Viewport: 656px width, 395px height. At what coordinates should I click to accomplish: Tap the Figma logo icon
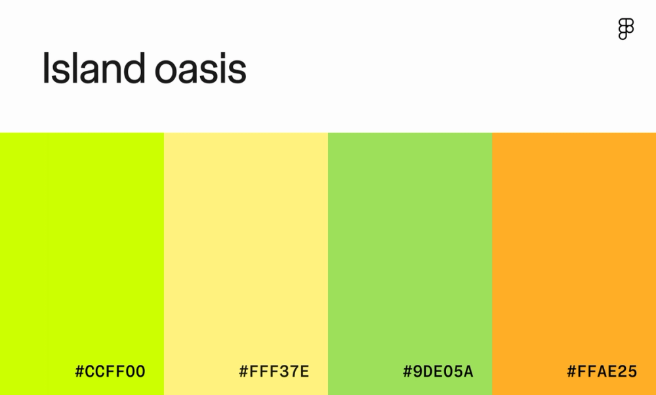click(626, 30)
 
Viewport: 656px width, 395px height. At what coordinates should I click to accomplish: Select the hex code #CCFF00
click(110, 372)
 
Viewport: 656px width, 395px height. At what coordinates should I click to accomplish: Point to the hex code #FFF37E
click(274, 372)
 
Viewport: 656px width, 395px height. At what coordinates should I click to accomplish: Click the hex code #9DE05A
click(438, 372)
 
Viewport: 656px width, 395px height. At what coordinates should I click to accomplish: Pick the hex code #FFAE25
click(602, 372)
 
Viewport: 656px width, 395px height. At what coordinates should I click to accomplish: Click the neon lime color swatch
click(82, 249)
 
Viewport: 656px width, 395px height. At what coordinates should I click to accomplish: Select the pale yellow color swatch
click(246, 249)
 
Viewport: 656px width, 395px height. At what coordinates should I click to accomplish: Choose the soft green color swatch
click(410, 249)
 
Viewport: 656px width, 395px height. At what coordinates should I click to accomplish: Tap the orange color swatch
click(574, 249)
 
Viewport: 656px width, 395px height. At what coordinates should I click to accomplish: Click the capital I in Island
click(46, 68)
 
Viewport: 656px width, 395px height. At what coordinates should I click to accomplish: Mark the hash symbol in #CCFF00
click(79, 372)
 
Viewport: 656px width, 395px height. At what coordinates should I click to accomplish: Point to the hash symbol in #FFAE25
click(571, 372)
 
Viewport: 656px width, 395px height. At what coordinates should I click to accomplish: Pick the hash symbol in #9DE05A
click(407, 372)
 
